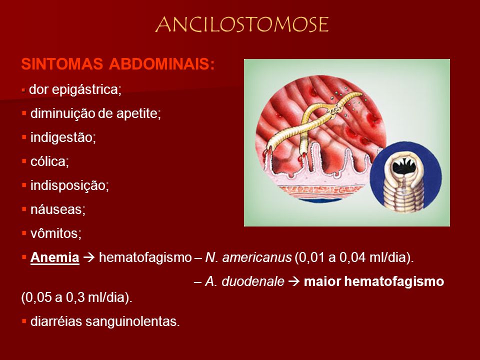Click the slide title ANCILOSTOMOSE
[x=242, y=24]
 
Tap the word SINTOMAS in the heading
[x=62, y=64]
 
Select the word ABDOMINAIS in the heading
[x=162, y=64]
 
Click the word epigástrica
[x=86, y=90]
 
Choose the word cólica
[x=49, y=161]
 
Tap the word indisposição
[x=69, y=185]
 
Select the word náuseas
[x=58, y=209]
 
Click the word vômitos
[x=56, y=233]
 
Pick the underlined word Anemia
[x=55, y=257]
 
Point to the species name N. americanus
[x=248, y=257]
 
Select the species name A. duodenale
[x=244, y=281]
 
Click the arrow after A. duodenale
[x=294, y=281]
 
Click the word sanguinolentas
[x=132, y=321]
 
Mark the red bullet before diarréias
[x=24, y=321]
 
